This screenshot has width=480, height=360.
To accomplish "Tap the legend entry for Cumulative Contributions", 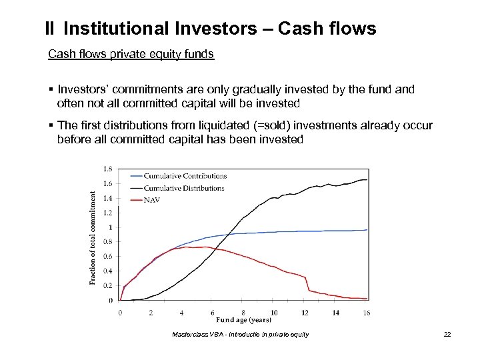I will point(186,176).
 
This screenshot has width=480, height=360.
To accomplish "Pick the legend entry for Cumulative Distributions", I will point(185,188).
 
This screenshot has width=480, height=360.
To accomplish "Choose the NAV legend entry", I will point(161,199).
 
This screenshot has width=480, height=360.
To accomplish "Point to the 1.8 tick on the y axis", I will point(108,169).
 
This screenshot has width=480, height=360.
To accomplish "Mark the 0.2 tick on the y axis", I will point(108,285).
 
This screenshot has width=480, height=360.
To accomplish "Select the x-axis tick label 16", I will point(365,312).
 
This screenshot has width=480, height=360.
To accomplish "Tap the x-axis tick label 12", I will point(304,312).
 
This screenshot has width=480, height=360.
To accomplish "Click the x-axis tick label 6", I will point(212,312).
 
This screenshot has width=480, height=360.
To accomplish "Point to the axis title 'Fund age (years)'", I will point(243,321).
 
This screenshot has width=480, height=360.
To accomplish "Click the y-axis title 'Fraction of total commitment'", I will point(93,238).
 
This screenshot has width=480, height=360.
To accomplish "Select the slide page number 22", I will point(447,334).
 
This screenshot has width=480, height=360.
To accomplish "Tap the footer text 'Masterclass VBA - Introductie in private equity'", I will point(240,334).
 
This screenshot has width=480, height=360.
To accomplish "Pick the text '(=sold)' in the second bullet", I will point(269,125).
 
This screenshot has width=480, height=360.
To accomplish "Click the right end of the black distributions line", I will point(367,180).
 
